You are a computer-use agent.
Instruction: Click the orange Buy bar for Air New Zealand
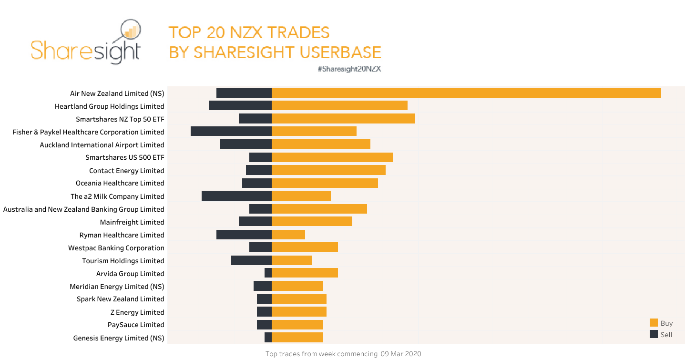[x=466, y=93]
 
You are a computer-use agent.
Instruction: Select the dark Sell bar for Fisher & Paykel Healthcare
[x=231, y=132]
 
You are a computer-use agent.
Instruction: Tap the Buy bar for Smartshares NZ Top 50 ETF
[x=343, y=119]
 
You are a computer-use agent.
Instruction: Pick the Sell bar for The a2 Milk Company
[x=236, y=196]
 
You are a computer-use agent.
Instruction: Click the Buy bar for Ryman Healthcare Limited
[x=288, y=235]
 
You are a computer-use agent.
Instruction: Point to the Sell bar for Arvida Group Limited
[x=268, y=273]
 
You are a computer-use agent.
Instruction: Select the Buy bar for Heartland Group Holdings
[x=339, y=106]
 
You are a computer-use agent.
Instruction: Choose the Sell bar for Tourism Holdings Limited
[x=251, y=260]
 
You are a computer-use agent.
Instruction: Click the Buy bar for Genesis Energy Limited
[x=297, y=338]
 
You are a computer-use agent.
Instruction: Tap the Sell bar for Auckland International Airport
[x=246, y=144]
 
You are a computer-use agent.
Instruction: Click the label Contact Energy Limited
[x=126, y=171]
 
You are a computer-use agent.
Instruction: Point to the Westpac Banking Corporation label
[x=116, y=248]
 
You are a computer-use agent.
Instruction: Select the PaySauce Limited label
[x=136, y=325]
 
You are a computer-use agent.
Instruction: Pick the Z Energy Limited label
[x=137, y=312]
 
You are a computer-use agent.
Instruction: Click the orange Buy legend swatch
[x=654, y=323]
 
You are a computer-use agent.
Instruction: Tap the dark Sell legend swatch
[x=654, y=334]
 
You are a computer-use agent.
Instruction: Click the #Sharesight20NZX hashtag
[x=349, y=69]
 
